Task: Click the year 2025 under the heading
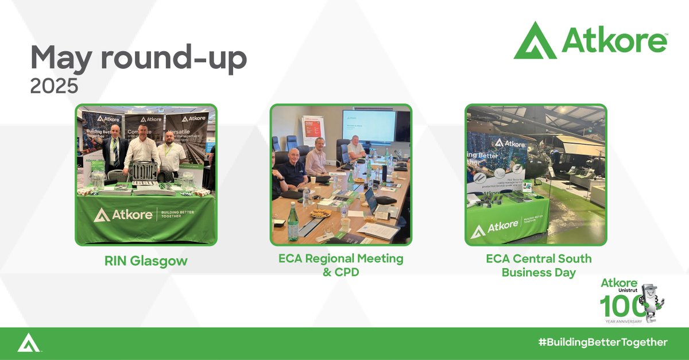[54, 86]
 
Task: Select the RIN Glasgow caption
[146, 261]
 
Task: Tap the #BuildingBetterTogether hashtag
[603, 342]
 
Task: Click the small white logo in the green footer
[28, 343]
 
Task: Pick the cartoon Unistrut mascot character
[652, 299]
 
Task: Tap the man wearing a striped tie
[115, 148]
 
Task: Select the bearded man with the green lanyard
[172, 152]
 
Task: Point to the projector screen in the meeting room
[369, 125]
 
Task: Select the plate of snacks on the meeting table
[320, 213]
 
